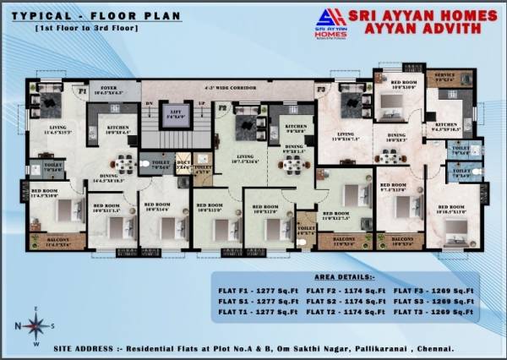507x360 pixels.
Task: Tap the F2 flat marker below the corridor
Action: point(223,109)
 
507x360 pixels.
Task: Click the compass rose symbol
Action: point(35,325)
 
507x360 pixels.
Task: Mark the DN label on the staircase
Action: point(149,103)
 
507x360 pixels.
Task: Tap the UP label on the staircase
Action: point(200,103)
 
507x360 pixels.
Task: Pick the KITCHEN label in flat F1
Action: point(117,128)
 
